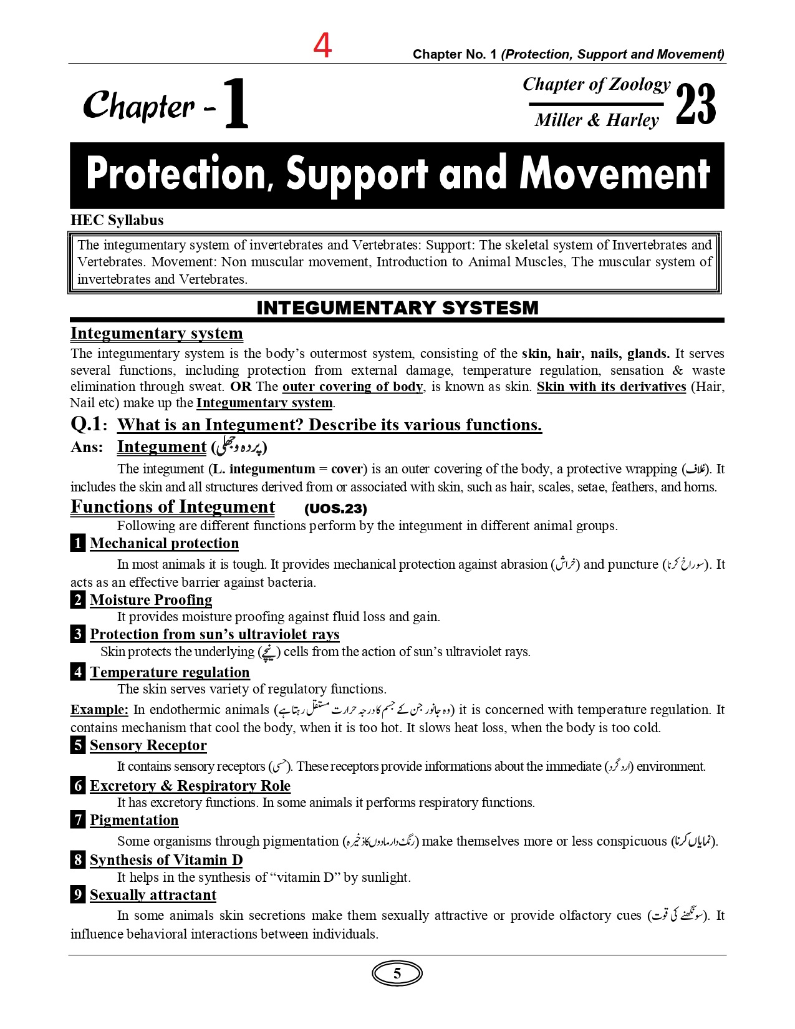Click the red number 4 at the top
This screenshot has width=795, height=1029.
click(322, 46)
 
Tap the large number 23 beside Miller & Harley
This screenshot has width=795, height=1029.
click(696, 104)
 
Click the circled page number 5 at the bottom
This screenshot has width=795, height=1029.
click(397, 973)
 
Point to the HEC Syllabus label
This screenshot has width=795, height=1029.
click(117, 220)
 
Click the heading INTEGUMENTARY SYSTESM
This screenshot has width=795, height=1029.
click(397, 308)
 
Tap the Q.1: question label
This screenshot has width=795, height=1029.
click(89, 424)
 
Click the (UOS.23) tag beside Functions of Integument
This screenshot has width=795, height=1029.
click(335, 509)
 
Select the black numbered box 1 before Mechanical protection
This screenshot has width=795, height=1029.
click(78, 543)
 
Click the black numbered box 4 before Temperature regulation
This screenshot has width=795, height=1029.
click(78, 672)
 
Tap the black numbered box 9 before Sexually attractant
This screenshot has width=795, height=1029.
click(78, 894)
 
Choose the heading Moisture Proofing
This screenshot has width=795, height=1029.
click(151, 600)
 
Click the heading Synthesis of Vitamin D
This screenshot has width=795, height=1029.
click(166, 860)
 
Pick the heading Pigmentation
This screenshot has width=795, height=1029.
click(134, 820)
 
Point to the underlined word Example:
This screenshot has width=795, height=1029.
click(99, 710)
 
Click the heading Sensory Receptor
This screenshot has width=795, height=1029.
click(148, 745)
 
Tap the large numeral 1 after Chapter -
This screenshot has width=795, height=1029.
click(236, 104)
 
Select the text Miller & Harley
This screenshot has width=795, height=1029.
click(597, 120)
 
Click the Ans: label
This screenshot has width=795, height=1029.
click(87, 447)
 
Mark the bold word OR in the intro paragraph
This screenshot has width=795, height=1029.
click(241, 387)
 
